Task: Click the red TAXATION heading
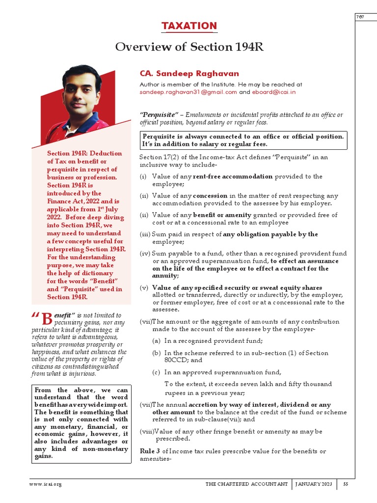189,26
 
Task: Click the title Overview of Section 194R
189,47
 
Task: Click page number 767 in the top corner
361,17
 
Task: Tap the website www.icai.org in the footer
46,484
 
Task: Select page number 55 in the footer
346,484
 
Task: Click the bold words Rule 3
150,451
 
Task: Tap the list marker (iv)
145,253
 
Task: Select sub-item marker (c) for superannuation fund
156,372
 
